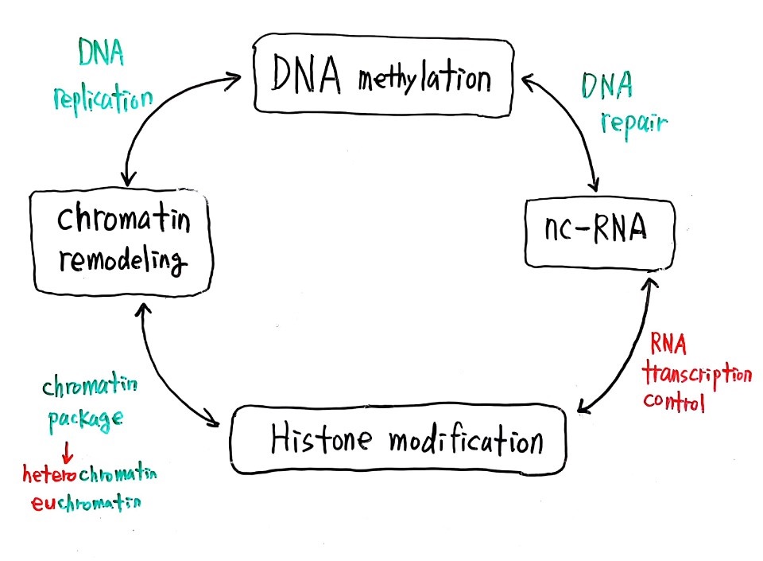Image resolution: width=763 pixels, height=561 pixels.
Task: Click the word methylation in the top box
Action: (424, 80)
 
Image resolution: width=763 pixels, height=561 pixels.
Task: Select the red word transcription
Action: (699, 374)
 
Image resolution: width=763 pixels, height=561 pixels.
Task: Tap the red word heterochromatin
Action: (90, 475)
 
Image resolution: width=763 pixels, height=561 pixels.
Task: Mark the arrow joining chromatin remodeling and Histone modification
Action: (171, 366)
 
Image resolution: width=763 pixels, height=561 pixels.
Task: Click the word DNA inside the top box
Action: (304, 77)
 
